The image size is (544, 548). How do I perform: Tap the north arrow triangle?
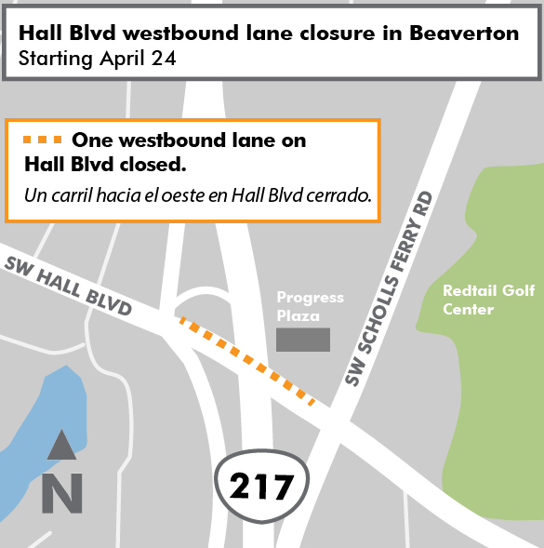[x=62, y=446]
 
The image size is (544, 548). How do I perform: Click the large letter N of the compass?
[x=62, y=493]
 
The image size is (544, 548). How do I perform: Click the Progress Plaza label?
[x=310, y=306]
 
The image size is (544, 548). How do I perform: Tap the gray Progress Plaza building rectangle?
[x=303, y=340]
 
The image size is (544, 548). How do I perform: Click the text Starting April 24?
[x=94, y=60]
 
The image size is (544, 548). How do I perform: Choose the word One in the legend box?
[x=91, y=141]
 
